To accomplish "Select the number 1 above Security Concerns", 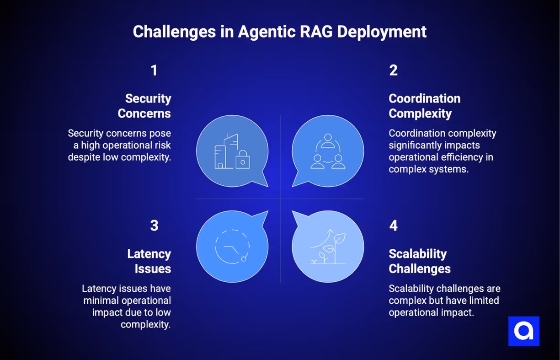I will pos(154,70).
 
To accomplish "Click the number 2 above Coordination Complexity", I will pos(393,70).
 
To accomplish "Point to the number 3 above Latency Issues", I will pos(154,226).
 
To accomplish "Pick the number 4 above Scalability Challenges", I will pos(393,226).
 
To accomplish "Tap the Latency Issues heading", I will pos(149,261).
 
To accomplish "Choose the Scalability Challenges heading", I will pos(420,261).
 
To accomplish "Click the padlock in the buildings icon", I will pos(243,161).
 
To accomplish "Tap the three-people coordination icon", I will pos(327,151).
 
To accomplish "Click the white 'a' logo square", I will pos(524,331).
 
